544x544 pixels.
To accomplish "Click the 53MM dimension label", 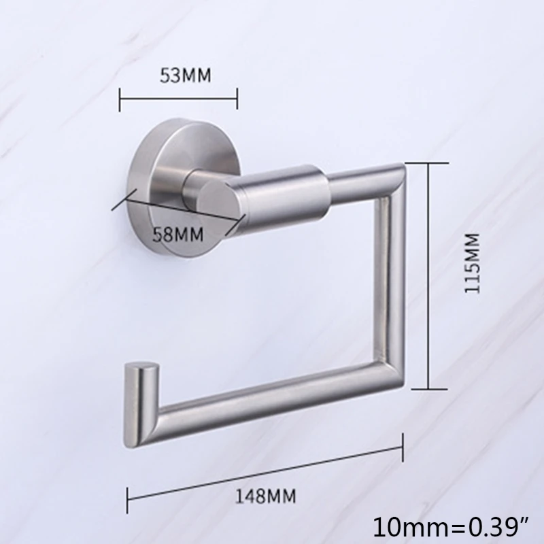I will pos(185,75).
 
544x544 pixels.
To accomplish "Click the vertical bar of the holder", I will pos(393,286).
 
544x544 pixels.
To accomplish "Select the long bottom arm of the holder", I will pos(272,408).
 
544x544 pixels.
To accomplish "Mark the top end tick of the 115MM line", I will pos(429,163).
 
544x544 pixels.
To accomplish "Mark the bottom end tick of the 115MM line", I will pos(429,388).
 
